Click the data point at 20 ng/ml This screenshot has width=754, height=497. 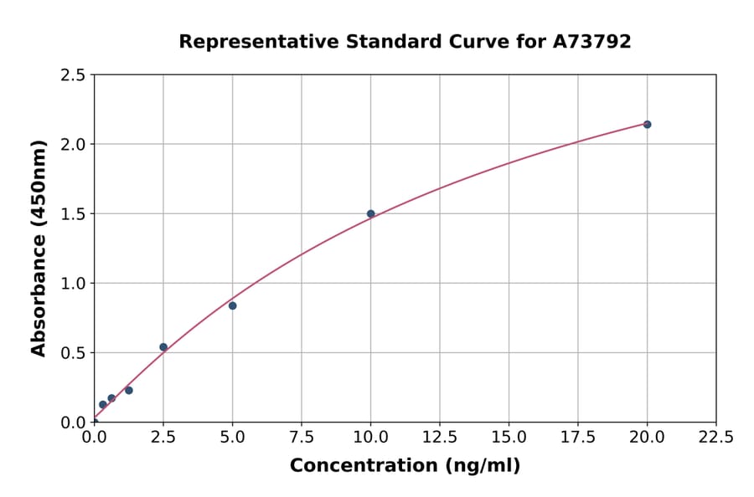tap(647, 125)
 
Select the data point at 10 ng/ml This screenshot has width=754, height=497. tap(371, 213)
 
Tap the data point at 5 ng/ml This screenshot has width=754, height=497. tap(233, 305)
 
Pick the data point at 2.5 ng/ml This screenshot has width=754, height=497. tap(163, 347)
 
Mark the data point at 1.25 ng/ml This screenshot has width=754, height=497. tap(129, 390)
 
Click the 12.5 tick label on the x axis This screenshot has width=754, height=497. tap(440, 437)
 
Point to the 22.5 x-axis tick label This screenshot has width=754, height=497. tap(716, 437)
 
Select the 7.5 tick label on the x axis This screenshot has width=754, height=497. tap(302, 437)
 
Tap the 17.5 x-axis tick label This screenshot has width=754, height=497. tap(578, 437)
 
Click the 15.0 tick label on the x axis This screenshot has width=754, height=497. tap(509, 437)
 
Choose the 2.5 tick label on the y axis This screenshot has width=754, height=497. tap(74, 75)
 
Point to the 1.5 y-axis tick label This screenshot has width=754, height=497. tap(74, 214)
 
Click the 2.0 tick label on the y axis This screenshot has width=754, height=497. tap(74, 145)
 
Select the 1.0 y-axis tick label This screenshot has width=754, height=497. tap(74, 284)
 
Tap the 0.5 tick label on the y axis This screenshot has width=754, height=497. tap(74, 353)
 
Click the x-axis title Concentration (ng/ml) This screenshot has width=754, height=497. tap(405, 465)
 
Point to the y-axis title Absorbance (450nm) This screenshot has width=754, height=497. tap(39, 248)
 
